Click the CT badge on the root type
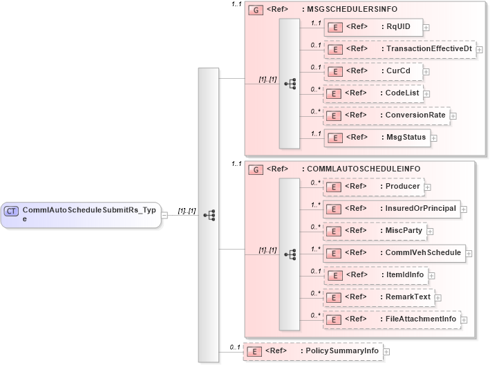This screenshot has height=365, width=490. tap(12, 210)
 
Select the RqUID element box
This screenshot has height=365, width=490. tap(373, 27)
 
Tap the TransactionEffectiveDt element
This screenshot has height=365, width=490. tap(399, 49)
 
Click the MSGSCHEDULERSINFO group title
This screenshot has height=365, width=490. tap(352, 10)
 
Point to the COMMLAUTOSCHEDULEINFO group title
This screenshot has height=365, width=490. tap(363, 169)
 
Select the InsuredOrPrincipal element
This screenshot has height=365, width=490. tap(391, 209)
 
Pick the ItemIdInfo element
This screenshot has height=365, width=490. tap(376, 275)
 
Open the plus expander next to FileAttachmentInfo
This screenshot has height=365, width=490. tap(464, 320)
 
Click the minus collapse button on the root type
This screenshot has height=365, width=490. tap(164, 215)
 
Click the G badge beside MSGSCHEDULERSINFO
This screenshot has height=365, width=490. tap(254, 11)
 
